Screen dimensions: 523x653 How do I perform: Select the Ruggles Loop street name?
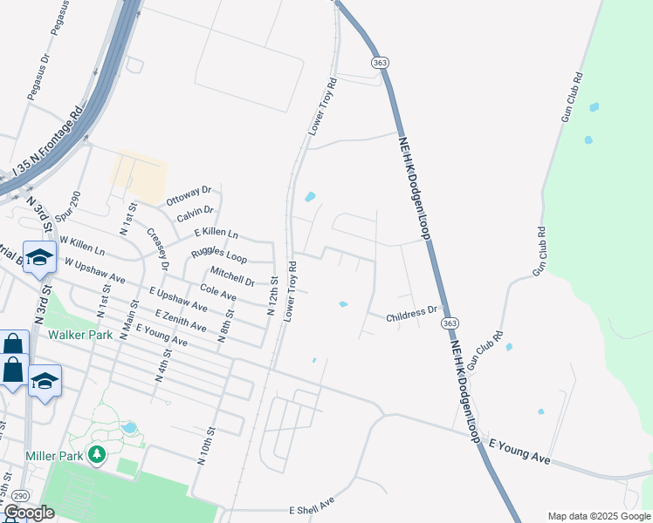click(x=218, y=256)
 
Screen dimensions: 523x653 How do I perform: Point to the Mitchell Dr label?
click(x=232, y=275)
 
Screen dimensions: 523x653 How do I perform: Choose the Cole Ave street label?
click(x=218, y=293)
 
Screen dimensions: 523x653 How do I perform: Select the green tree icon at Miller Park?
click(x=97, y=454)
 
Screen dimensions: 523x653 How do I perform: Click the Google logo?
click(x=28, y=513)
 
